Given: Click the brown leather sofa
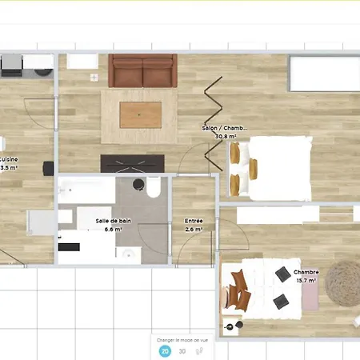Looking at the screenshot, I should [x=142, y=70].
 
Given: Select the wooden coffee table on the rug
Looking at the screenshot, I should [x=140, y=114].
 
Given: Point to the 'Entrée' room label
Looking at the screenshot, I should [x=193, y=220].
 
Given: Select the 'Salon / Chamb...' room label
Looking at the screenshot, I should [x=224, y=128].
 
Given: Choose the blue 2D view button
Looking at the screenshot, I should [x=165, y=350].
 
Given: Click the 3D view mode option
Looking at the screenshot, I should [x=182, y=350].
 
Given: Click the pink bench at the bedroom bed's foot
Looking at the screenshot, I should [x=310, y=294].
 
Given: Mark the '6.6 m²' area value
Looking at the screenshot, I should [x=113, y=229].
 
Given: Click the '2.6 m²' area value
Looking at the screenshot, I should [x=194, y=229].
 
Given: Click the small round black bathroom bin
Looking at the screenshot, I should [x=137, y=186].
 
